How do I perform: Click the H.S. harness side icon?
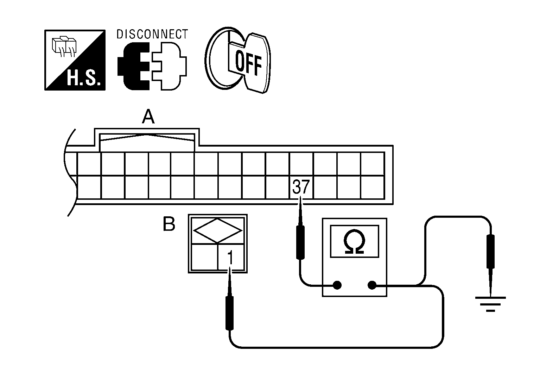pyautogui.click(x=75, y=60)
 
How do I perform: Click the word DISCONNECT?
pyautogui.click(x=152, y=34)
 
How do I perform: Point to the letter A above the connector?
pyautogui.click(x=148, y=117)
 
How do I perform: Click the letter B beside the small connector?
pyautogui.click(x=169, y=224)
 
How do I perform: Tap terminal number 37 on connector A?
pyautogui.click(x=300, y=187)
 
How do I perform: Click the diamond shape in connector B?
pyautogui.click(x=218, y=230)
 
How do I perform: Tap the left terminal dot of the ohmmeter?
pyautogui.click(x=337, y=285)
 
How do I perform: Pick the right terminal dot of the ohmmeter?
pyautogui.click(x=372, y=285)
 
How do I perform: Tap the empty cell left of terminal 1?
pyautogui.click(x=204, y=257)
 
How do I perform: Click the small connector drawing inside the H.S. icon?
pyautogui.click(x=63, y=46)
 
